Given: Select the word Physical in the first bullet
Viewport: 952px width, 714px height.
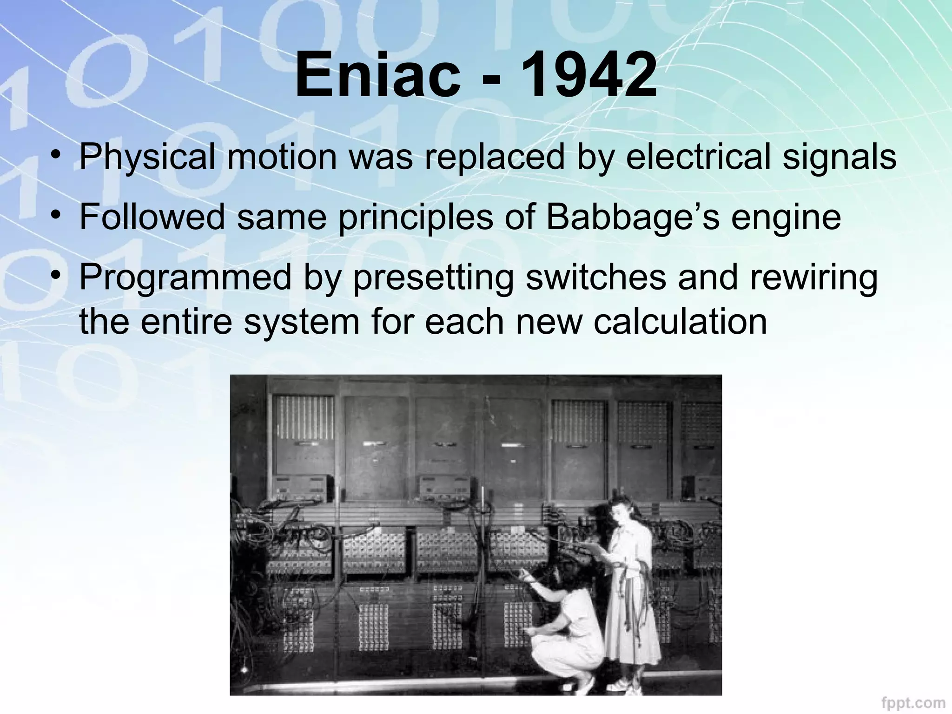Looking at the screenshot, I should point(147,158).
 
